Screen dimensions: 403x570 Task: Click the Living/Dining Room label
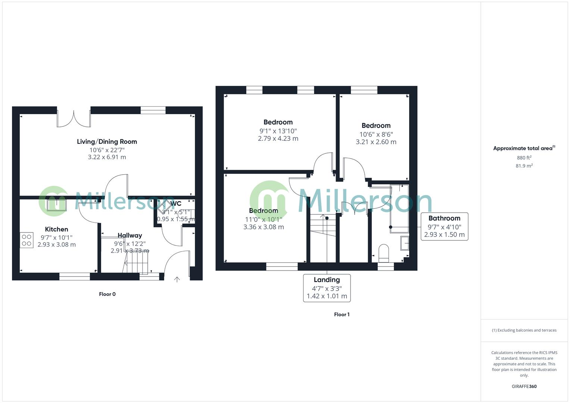click(x=107, y=141)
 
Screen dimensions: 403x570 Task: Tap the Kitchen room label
click(x=56, y=229)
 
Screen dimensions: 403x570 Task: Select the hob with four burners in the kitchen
click(x=27, y=240)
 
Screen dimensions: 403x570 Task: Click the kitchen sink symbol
click(x=57, y=205)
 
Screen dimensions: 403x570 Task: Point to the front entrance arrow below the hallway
click(x=177, y=279)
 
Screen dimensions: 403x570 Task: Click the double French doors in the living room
click(x=74, y=118)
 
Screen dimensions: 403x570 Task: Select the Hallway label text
click(x=130, y=235)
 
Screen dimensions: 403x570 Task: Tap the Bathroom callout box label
click(x=444, y=218)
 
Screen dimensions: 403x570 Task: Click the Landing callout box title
click(x=327, y=280)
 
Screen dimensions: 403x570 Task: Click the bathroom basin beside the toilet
click(x=405, y=243)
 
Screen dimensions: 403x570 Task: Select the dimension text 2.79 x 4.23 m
click(x=278, y=138)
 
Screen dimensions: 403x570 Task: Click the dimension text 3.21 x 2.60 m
click(x=376, y=142)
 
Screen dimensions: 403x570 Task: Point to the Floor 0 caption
click(x=107, y=294)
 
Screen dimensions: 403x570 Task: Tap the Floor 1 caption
click(x=342, y=315)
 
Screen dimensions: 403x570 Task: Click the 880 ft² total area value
click(x=524, y=158)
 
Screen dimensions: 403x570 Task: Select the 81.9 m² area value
click(x=524, y=166)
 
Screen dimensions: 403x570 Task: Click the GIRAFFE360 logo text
click(x=524, y=387)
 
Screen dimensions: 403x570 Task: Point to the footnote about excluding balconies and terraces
click(x=524, y=330)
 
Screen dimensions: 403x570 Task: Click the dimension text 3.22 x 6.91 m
click(x=107, y=157)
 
